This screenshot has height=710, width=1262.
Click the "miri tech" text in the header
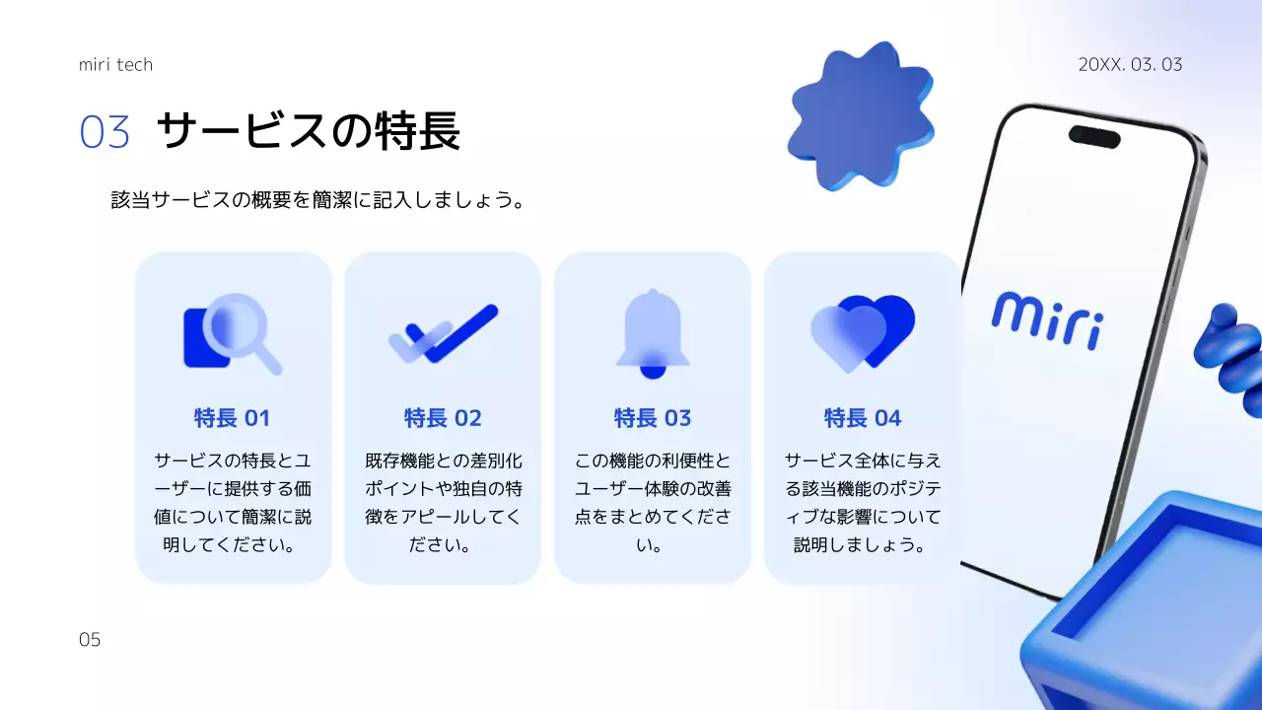point(115,65)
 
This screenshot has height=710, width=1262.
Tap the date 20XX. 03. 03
point(1130,65)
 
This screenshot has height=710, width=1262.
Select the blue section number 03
point(105,132)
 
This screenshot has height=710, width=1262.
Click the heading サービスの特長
point(308,131)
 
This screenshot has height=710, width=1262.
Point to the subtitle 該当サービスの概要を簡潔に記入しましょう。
point(316,200)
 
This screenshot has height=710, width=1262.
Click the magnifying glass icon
point(233,334)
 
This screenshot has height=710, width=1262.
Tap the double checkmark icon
point(443,332)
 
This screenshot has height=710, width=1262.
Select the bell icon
point(652,334)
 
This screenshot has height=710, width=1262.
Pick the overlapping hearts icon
point(863,333)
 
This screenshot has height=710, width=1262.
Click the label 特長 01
point(232,418)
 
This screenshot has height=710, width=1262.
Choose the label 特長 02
point(443,418)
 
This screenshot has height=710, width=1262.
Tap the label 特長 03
point(653,418)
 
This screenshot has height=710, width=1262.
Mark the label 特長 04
point(863,418)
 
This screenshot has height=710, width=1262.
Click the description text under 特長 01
point(232,502)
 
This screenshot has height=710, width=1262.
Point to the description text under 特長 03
point(653,502)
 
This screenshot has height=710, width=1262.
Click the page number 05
point(90,640)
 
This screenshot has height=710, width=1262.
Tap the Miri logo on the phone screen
point(1047,319)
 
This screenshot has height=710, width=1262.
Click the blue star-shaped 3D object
point(860,115)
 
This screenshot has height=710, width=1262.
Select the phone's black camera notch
point(1094,136)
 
